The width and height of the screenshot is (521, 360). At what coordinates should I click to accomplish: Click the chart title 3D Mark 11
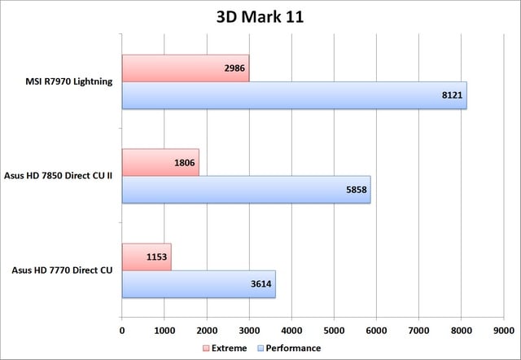tap(260, 18)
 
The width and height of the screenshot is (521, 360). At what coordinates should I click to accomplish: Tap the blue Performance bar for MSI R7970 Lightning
tap(293, 94)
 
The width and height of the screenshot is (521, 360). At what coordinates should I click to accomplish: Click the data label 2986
tap(232, 68)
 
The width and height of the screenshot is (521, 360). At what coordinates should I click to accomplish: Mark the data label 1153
tap(155, 257)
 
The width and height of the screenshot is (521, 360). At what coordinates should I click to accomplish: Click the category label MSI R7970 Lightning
tap(69, 81)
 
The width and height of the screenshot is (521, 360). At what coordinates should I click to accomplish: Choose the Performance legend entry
tap(287, 347)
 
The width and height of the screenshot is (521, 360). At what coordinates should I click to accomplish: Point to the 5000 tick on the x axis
tap(334, 330)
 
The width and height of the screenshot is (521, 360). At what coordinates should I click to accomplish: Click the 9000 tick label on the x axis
tap(503, 330)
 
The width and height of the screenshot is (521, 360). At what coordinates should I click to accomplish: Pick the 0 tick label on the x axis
tap(122, 330)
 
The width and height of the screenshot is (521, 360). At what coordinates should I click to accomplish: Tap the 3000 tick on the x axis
tap(249, 330)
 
